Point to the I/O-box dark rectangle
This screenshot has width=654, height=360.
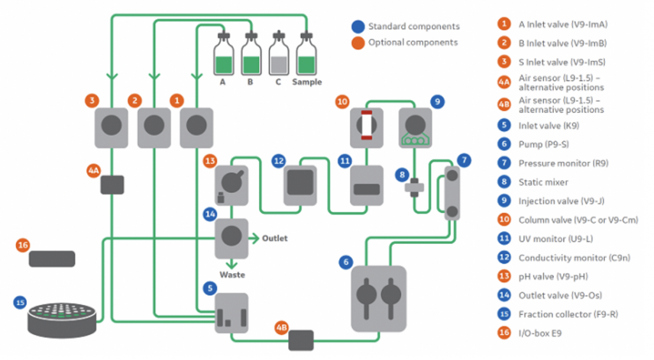coord(52,259)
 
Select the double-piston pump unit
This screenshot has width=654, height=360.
coord(378,298)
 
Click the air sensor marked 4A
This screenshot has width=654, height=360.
coord(112,184)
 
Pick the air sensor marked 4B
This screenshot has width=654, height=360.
coord(301,340)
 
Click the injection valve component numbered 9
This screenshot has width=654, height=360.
coord(416,124)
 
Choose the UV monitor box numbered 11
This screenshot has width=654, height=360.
coord(367,186)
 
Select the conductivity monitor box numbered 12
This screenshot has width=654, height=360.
coord(300,184)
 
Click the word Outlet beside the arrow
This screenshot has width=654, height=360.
coord(275,238)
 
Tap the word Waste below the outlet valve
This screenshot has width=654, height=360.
coord(232,275)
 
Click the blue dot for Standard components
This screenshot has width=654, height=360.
coord(358,27)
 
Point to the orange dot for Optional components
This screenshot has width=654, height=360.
coord(358,43)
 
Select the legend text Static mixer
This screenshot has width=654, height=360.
coord(543,183)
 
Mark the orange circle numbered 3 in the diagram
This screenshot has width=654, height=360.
coord(93,100)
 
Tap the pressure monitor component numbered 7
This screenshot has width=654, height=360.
coord(453,193)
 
